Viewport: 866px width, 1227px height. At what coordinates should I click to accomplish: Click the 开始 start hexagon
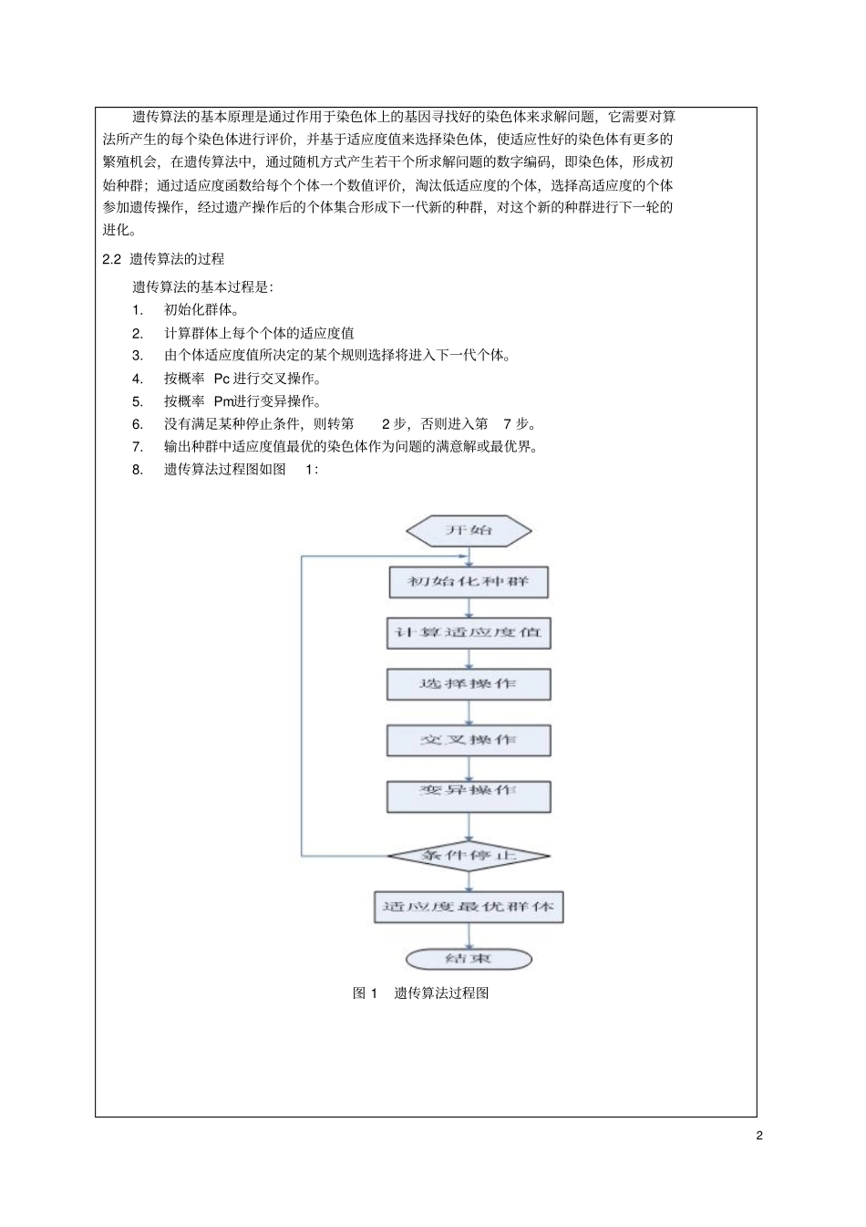tap(469, 530)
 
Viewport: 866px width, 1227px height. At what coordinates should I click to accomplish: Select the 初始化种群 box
tap(469, 582)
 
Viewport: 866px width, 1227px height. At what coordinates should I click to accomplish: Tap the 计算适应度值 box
tap(469, 633)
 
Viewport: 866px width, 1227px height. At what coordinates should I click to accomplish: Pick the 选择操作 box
tap(469, 684)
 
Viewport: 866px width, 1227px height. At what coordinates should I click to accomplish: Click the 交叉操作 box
tap(469, 740)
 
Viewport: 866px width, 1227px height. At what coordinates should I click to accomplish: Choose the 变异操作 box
tap(469, 795)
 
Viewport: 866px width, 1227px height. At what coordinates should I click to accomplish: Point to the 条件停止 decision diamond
tap(469, 856)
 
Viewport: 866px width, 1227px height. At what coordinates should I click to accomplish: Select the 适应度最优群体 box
tap(469, 907)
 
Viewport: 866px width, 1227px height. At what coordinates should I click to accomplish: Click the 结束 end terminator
tap(469, 959)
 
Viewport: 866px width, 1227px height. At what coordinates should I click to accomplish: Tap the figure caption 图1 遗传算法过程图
tap(421, 993)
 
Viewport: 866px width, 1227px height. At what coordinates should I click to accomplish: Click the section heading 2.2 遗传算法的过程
tap(163, 259)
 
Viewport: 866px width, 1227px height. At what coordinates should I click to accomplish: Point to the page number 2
tap(759, 1136)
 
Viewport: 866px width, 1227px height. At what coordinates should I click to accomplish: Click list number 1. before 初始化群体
tap(138, 310)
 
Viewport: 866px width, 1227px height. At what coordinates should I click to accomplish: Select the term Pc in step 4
tap(222, 379)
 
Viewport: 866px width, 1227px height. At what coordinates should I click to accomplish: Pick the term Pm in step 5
tap(223, 401)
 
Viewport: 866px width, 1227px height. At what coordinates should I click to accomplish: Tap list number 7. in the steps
tap(138, 447)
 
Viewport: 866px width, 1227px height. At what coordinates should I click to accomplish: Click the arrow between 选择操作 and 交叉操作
tap(469, 712)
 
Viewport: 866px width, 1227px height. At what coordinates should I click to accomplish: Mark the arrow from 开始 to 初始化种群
tap(469, 556)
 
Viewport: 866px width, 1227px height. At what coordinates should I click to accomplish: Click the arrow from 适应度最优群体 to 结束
tap(469, 935)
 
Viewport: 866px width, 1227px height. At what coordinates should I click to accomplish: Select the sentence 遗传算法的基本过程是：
tap(202, 287)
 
